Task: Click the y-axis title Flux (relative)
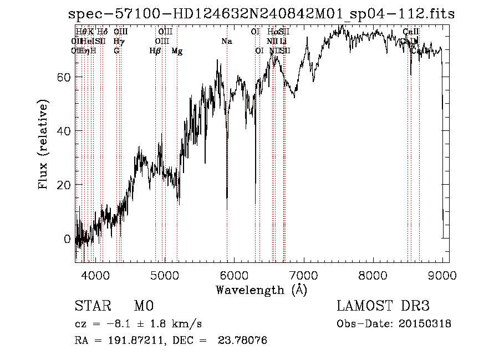43,144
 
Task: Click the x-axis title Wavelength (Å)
261,290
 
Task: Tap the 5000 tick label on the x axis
165,275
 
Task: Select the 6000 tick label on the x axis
234,275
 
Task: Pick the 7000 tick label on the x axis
304,275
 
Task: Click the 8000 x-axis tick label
373,275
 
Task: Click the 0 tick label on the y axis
67,239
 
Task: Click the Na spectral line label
226,42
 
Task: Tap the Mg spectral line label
177,51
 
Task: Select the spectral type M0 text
143,306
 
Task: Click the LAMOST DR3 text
383,306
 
